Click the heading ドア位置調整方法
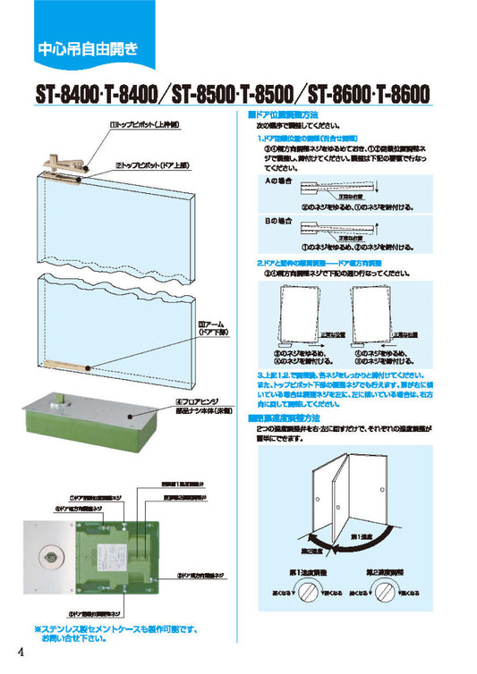point(284,116)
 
